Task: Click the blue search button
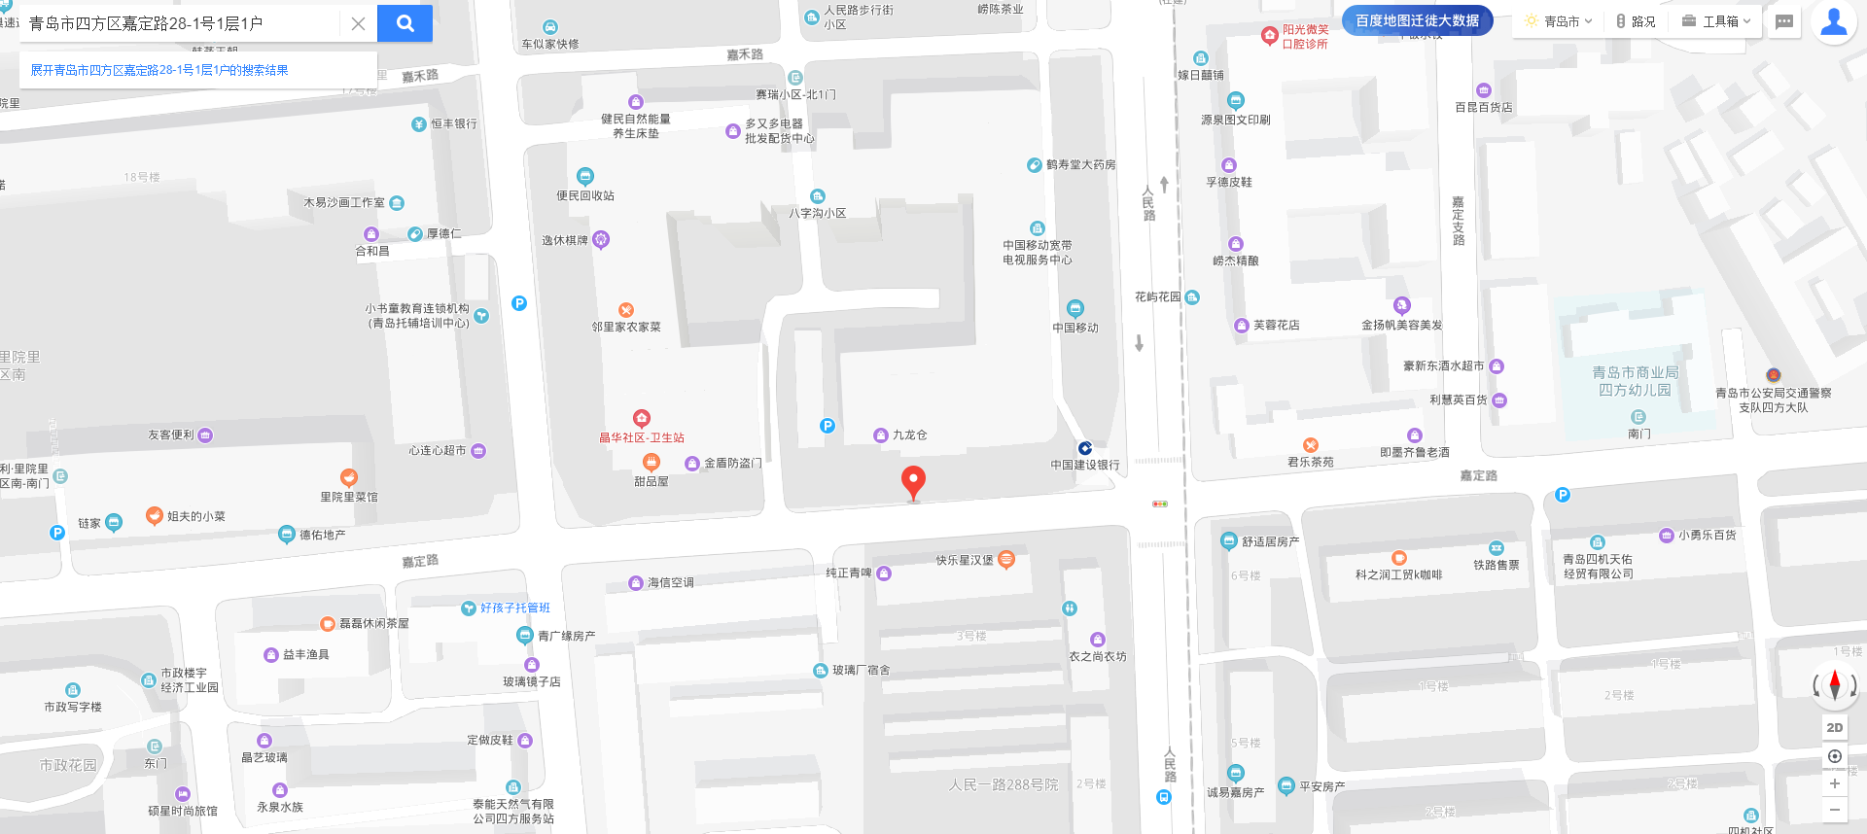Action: pyautogui.click(x=405, y=23)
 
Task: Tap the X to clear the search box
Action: pyautogui.click(x=358, y=23)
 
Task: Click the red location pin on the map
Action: pyautogui.click(x=913, y=481)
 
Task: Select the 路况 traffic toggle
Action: pyautogui.click(x=1636, y=21)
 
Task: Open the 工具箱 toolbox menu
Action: pyautogui.click(x=1717, y=21)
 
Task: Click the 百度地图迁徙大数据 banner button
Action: pyautogui.click(x=1417, y=20)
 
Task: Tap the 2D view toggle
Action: pyautogui.click(x=1834, y=727)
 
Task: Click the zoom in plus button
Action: pyautogui.click(x=1834, y=783)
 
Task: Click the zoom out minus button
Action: pyautogui.click(x=1834, y=809)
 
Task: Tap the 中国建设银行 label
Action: pyautogui.click(x=1084, y=465)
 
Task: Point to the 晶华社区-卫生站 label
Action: pyautogui.click(x=642, y=437)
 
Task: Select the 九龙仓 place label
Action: pyautogui.click(x=909, y=434)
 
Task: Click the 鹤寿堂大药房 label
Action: pyautogui.click(x=1080, y=165)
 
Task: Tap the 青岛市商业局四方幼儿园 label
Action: pyautogui.click(x=1635, y=381)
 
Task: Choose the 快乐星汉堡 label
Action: pyautogui.click(x=965, y=560)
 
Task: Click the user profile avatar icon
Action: pyautogui.click(x=1833, y=21)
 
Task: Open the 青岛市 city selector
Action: pyautogui.click(x=1560, y=21)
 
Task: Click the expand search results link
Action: pyautogui.click(x=159, y=70)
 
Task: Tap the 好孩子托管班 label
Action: pyautogui.click(x=514, y=608)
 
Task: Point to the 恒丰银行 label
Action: pyautogui.click(x=453, y=123)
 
